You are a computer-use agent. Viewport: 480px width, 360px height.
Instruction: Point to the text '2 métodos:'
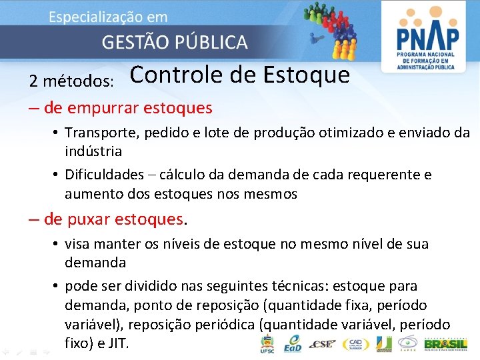pyautogui.click(x=71, y=81)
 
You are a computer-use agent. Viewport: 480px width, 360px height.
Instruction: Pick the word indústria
pyautogui.click(x=93, y=151)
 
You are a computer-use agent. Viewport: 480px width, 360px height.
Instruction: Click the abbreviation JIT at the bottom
pyautogui.click(x=123, y=344)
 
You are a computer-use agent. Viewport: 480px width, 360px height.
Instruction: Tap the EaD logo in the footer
pyautogui.click(x=292, y=344)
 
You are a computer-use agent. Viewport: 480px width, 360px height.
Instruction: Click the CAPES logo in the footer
pyautogui.click(x=407, y=344)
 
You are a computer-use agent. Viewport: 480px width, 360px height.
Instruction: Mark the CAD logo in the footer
pyautogui.click(x=354, y=344)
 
